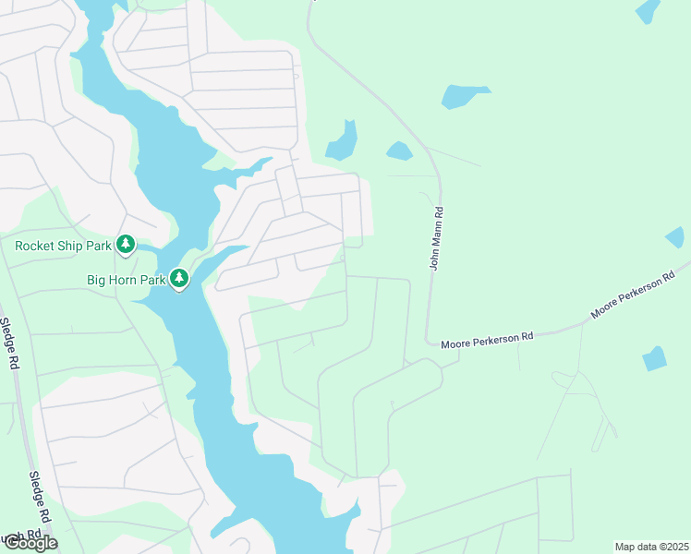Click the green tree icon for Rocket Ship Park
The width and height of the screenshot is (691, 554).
tap(126, 245)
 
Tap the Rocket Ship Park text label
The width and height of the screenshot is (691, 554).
tap(63, 246)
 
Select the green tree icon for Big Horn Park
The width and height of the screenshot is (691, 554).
tap(178, 277)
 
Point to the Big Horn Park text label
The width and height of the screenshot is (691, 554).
tap(126, 278)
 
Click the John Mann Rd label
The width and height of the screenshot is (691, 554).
tap(438, 238)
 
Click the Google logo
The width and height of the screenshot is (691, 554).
tap(30, 543)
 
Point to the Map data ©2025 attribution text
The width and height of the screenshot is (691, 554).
tap(651, 547)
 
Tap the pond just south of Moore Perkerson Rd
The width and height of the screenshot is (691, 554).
tap(654, 358)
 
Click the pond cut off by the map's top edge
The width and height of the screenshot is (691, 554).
tap(649, 10)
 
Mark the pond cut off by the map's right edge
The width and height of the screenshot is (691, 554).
tap(676, 237)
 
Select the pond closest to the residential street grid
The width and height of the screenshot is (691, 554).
tap(341, 141)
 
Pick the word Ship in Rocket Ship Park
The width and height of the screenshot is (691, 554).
tap(70, 246)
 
